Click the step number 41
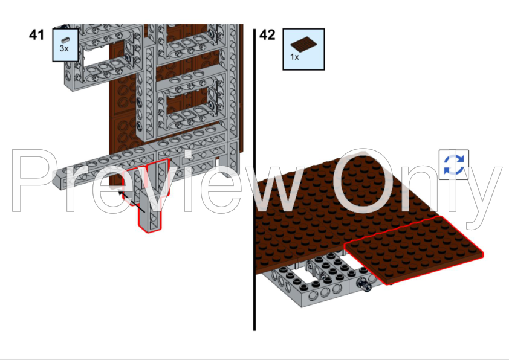37,34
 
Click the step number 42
267,34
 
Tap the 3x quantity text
64,47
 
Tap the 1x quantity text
294,57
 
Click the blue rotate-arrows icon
454,165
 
